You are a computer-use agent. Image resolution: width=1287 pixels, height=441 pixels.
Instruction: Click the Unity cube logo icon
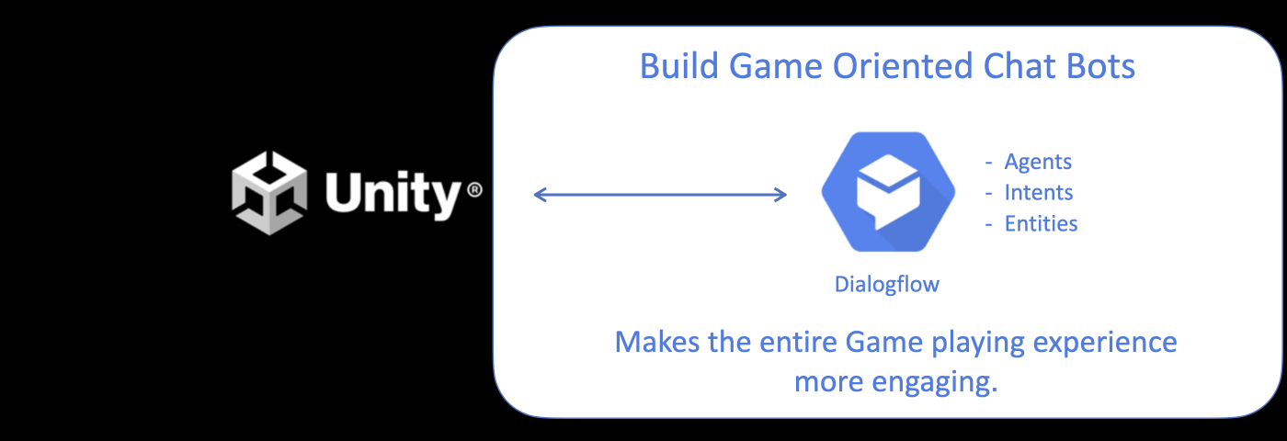(268, 193)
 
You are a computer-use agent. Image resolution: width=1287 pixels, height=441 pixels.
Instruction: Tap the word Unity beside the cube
(393, 194)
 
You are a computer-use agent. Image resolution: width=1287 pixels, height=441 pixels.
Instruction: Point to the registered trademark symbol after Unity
(474, 189)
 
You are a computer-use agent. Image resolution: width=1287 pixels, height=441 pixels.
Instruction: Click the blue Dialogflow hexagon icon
(888, 192)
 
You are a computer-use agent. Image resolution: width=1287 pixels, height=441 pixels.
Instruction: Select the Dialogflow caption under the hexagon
(886, 284)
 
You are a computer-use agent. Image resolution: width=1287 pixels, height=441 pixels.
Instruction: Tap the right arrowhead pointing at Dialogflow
(780, 195)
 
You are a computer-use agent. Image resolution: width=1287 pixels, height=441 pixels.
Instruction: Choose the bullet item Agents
(1038, 162)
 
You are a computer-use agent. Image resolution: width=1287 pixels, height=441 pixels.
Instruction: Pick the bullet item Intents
(1038, 192)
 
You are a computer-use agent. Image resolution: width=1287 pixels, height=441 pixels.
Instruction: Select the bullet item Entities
(1041, 223)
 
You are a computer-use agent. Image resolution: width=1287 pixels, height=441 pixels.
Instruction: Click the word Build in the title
(679, 65)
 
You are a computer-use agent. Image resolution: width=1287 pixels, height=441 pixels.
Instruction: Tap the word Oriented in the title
(903, 65)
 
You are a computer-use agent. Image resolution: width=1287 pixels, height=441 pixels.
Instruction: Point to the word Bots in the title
(1100, 65)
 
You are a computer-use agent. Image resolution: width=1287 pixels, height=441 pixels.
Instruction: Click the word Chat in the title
(1020, 65)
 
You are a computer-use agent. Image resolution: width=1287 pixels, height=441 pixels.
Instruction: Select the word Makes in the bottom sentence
(657, 342)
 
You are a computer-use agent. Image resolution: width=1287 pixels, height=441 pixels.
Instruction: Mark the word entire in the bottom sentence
(799, 342)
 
